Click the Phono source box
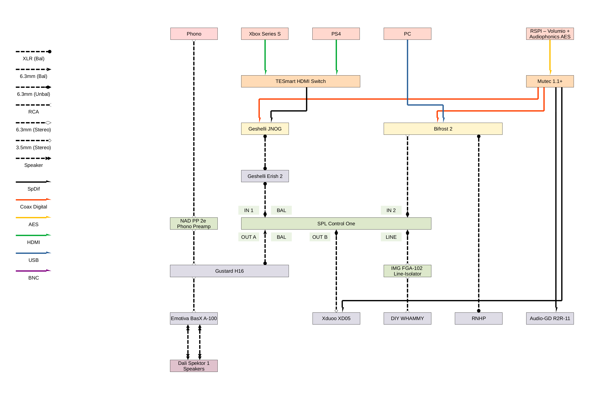click(194, 34)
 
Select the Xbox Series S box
click(265, 34)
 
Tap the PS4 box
click(336, 34)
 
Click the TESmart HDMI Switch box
click(300, 81)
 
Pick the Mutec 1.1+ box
click(550, 81)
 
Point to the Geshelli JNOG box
click(265, 129)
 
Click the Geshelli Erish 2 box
click(265, 176)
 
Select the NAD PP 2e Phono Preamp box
click(194, 223)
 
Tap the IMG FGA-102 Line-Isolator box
click(407, 271)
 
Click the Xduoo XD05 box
click(336, 318)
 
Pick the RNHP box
click(478, 318)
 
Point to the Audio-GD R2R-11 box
click(550, 318)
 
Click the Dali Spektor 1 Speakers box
click(194, 366)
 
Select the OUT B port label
click(320, 237)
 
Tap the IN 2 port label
click(391, 210)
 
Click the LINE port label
click(391, 237)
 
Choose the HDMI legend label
click(33, 242)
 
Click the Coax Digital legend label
click(33, 207)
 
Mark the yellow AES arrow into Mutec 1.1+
click(550, 57)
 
